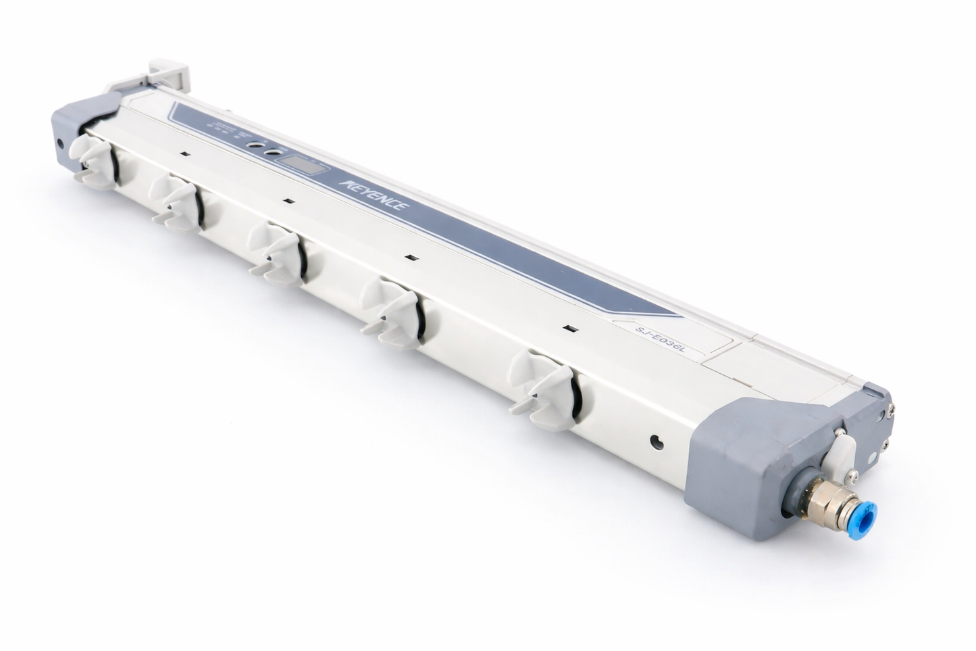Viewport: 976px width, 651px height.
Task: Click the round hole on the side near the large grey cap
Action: pyautogui.click(x=654, y=442)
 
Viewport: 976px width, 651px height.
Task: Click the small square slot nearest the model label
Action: pyautogui.click(x=569, y=329)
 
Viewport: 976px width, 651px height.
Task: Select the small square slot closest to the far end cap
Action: pyautogui.click(x=184, y=154)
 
